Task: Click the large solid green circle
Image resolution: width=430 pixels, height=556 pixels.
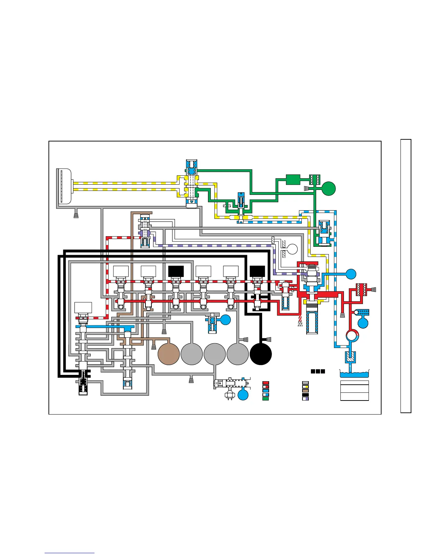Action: point(328,188)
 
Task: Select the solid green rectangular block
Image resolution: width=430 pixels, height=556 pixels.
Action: point(293,180)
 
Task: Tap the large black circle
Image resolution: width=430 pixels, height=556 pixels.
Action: point(261,354)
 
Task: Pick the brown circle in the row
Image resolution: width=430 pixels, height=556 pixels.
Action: point(169,354)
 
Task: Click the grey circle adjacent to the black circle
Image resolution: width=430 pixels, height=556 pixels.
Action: point(237,354)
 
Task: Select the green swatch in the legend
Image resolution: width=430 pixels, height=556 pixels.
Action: point(266,399)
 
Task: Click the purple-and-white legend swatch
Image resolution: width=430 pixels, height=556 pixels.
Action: point(306,399)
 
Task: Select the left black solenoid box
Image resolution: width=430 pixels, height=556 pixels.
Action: point(176,271)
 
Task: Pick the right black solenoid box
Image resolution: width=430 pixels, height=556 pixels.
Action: point(257,271)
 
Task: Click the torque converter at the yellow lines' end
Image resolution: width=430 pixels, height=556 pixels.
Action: point(64,186)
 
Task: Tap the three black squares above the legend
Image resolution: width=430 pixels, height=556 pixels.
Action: point(318,371)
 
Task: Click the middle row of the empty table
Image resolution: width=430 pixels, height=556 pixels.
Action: point(354,389)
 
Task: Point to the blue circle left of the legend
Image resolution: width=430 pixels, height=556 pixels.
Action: point(243,395)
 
